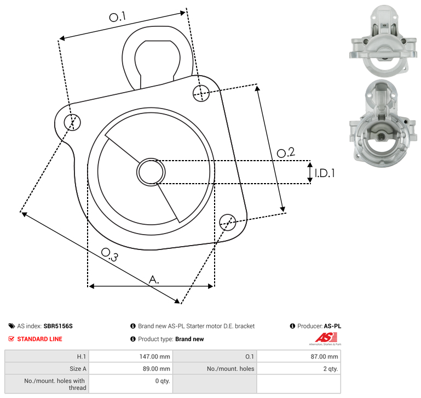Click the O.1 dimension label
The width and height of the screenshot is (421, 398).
117,17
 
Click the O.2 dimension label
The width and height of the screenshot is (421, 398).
286,152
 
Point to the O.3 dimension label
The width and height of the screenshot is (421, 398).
109,254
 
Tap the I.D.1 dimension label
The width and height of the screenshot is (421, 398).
325,173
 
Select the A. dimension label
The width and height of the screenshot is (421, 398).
154,280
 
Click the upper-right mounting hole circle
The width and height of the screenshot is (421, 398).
201,93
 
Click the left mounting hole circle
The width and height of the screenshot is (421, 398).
72,122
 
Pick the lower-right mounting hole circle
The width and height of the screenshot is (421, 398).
228,223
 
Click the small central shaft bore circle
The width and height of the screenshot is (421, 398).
151,172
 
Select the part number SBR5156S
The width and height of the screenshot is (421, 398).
58,326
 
